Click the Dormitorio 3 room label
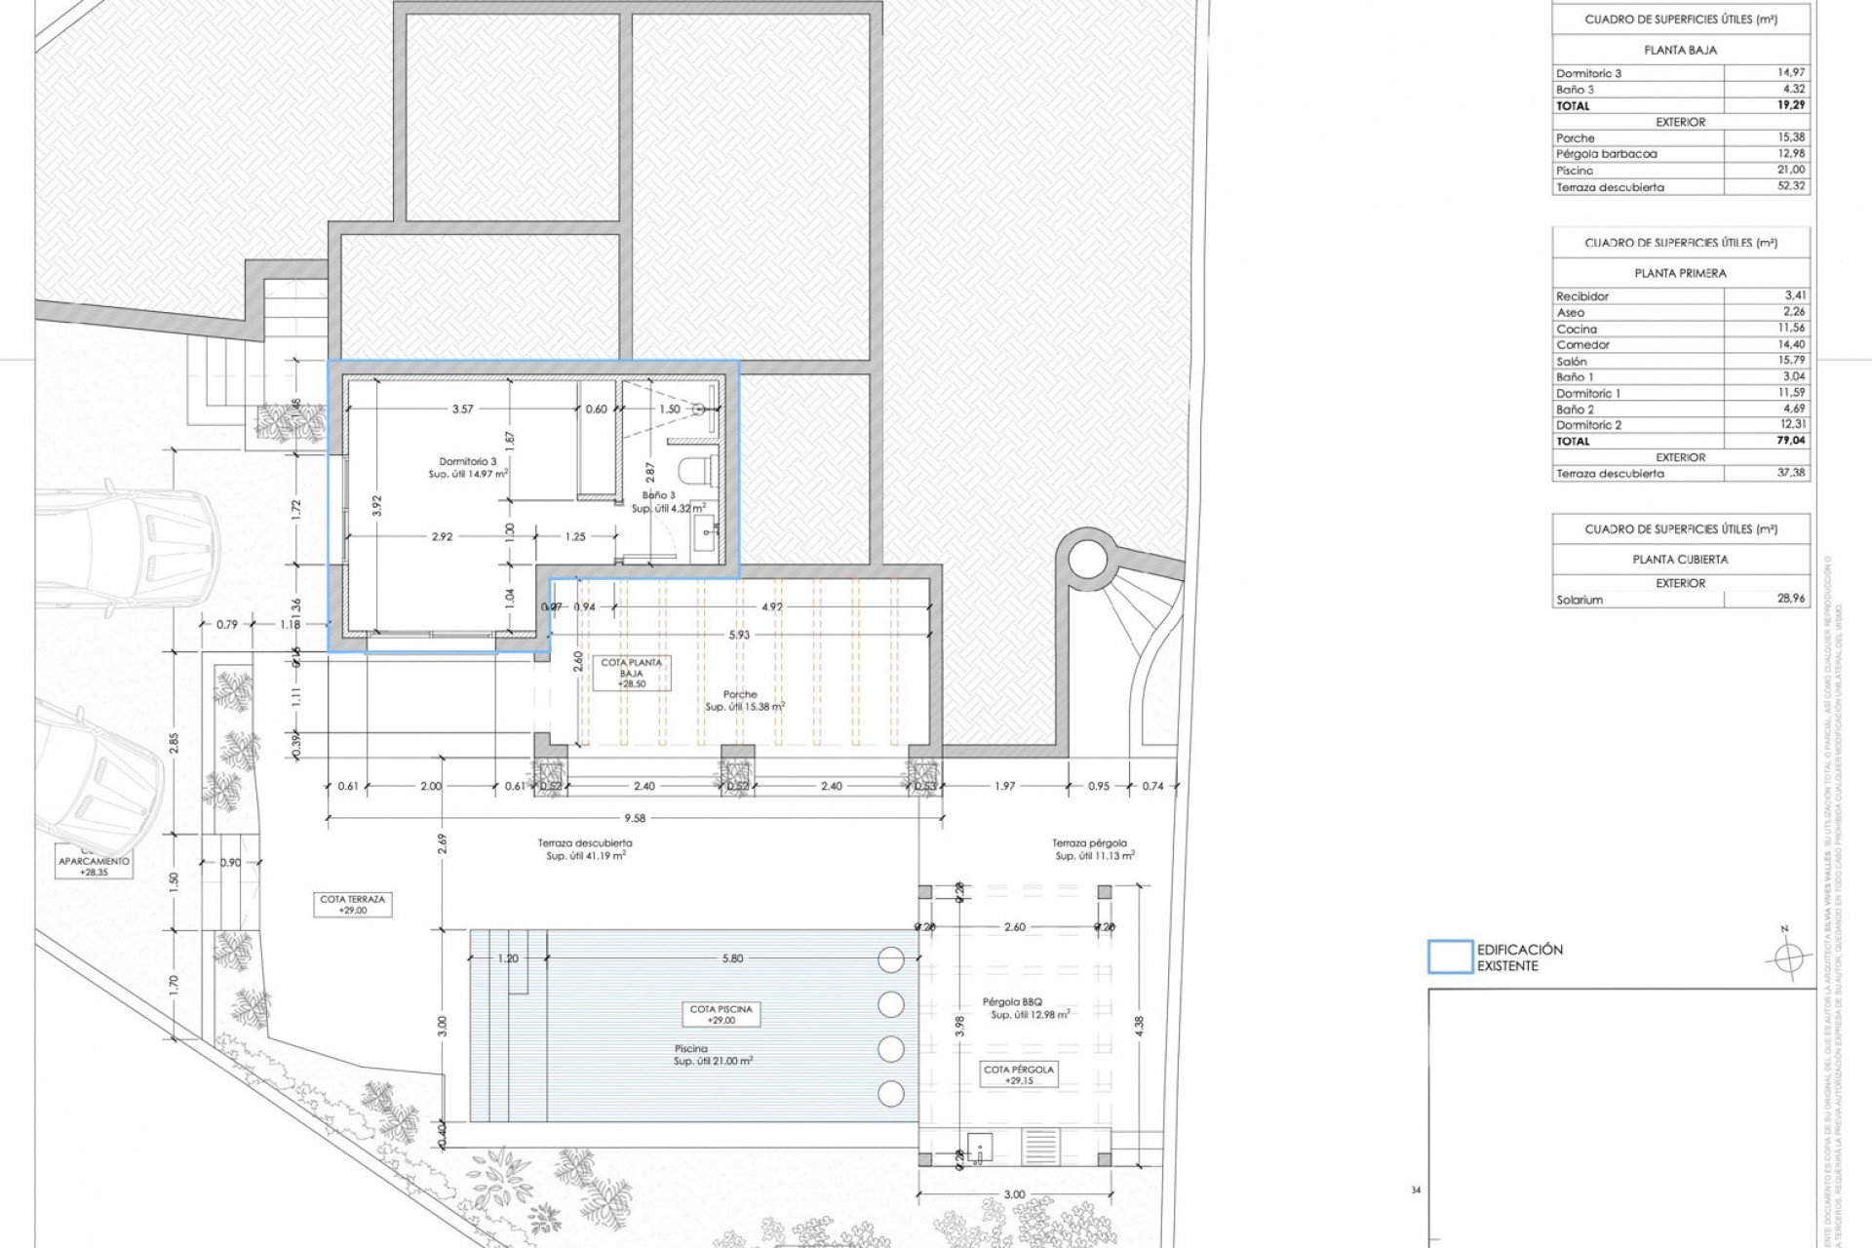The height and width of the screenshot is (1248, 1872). pyautogui.click(x=467, y=462)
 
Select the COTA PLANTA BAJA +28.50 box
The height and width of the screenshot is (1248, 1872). pyautogui.click(x=631, y=674)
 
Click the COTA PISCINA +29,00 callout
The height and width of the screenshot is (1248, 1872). pyautogui.click(x=721, y=1014)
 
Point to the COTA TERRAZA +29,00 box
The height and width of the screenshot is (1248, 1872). pyautogui.click(x=352, y=905)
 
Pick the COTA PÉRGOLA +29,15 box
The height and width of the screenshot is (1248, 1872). pyautogui.click(x=1018, y=1074)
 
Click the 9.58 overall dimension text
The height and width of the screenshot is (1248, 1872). pyautogui.click(x=635, y=819)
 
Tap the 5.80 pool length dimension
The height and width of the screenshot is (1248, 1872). pyautogui.click(x=732, y=958)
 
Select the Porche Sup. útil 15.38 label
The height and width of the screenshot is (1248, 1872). pyautogui.click(x=744, y=701)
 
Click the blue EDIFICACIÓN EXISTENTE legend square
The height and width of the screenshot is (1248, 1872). pyautogui.click(x=1450, y=957)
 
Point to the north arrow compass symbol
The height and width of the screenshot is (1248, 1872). pyautogui.click(x=1786, y=958)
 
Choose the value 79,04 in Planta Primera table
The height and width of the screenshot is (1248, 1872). pyautogui.click(x=1790, y=441)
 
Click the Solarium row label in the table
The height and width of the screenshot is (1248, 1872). pyautogui.click(x=1579, y=600)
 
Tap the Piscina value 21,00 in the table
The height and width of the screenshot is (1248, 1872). pyautogui.click(x=1790, y=170)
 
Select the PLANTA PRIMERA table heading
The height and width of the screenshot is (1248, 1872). pyautogui.click(x=1680, y=273)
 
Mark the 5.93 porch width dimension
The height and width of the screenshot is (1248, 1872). pyautogui.click(x=740, y=635)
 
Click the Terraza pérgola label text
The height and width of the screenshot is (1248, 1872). pyautogui.click(x=1089, y=843)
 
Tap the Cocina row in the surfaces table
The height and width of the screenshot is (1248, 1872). pyautogui.click(x=1577, y=329)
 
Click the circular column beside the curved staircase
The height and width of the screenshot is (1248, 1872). pyautogui.click(x=1088, y=560)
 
